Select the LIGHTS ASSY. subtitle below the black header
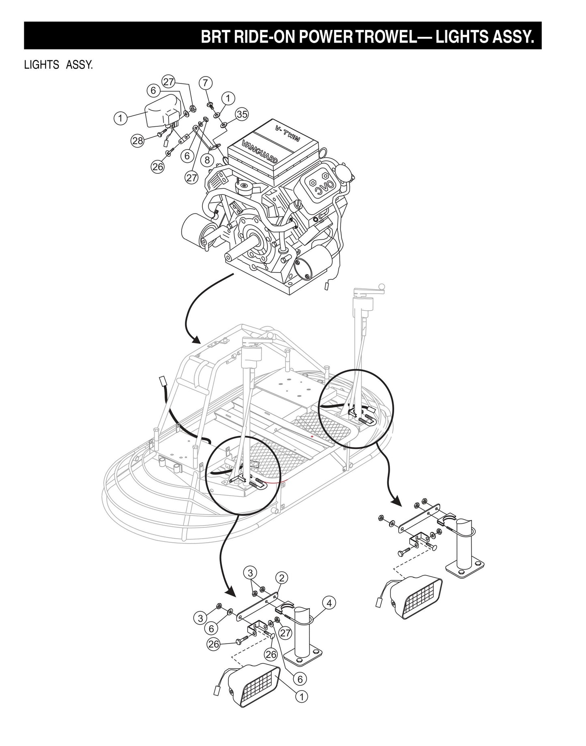click(58, 65)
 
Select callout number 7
click(206, 83)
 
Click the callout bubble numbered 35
click(242, 114)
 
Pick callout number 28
click(138, 141)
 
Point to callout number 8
click(207, 160)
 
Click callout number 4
click(329, 603)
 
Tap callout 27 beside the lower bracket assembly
click(285, 632)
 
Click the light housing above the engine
click(162, 110)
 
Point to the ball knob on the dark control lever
click(381, 287)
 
